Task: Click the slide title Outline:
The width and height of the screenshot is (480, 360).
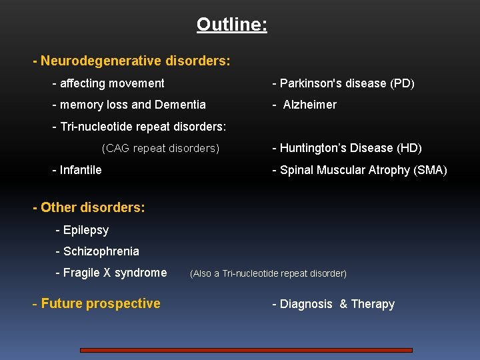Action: coord(232,25)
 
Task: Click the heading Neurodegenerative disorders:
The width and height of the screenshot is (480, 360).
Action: coord(135,61)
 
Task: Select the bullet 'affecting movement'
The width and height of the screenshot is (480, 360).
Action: coord(108,83)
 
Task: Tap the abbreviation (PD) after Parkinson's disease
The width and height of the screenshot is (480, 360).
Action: coord(402,83)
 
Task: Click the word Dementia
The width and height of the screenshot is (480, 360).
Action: coord(180,105)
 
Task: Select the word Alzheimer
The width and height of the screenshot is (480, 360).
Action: coord(310,105)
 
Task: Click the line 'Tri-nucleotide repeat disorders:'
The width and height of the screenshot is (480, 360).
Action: coord(139,126)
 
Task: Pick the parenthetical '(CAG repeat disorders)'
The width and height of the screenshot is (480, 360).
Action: coord(160,148)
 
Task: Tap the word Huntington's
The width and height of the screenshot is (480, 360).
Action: coord(317,148)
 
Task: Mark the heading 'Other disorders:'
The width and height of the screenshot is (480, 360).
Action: coord(89,207)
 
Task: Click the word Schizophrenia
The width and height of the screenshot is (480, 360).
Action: coord(101,251)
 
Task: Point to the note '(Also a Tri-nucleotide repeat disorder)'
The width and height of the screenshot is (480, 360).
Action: coord(268,273)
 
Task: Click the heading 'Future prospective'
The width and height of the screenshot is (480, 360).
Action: coord(97,304)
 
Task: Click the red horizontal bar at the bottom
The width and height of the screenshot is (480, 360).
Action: coord(246,350)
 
